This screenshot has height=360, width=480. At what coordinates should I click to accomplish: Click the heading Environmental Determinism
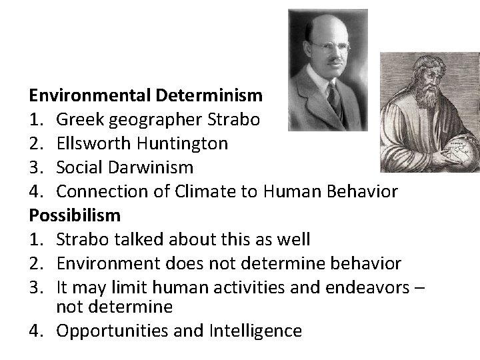pos(146,95)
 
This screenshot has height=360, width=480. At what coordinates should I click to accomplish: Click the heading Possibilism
pos(75,215)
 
